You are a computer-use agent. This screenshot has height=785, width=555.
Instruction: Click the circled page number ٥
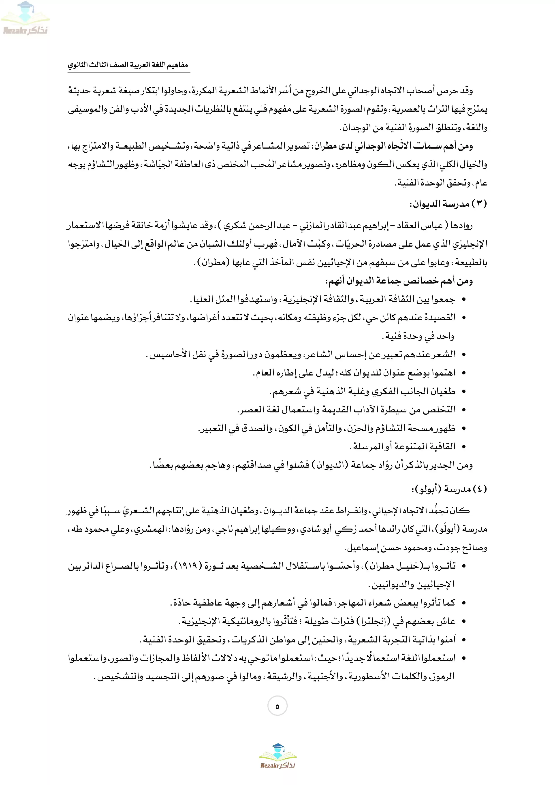(x=277, y=706)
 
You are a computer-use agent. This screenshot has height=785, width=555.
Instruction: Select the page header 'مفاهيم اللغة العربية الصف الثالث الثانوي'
(x=128, y=65)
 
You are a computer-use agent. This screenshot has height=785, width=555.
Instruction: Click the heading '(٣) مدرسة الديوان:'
(x=448, y=204)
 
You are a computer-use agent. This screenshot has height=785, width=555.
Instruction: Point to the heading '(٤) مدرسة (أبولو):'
(x=449, y=489)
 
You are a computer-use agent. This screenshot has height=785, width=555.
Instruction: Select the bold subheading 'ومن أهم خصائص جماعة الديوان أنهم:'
(x=399, y=281)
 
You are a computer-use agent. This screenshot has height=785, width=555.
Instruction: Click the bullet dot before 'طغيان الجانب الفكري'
(x=464, y=391)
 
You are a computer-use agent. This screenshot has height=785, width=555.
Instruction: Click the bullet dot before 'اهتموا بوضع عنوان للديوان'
(x=464, y=373)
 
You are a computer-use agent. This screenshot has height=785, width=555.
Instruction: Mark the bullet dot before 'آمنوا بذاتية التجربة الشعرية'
(x=464, y=640)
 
